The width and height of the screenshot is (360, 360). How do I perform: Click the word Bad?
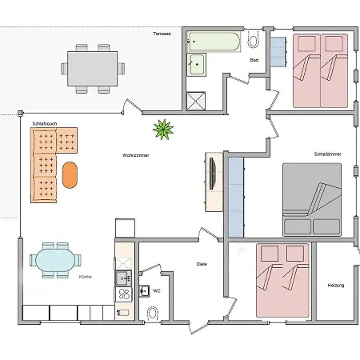[x=254, y=59]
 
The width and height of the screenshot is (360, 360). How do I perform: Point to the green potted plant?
[x=163, y=127]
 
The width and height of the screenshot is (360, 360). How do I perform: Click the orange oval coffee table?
[x=70, y=174]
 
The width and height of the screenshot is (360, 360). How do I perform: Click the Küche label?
[x=85, y=277]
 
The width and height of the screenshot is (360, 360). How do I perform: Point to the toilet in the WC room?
[x=153, y=312]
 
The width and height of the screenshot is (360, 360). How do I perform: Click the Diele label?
[x=202, y=264]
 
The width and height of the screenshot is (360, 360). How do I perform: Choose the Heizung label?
[x=335, y=286]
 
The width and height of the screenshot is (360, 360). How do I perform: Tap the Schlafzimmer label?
[x=327, y=154]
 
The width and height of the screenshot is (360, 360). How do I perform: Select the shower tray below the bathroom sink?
[x=197, y=100]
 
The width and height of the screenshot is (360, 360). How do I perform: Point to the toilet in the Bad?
[x=254, y=40]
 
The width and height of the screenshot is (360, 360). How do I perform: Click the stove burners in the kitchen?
[x=124, y=294]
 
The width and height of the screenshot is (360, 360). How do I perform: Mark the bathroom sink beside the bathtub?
[x=197, y=66]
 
